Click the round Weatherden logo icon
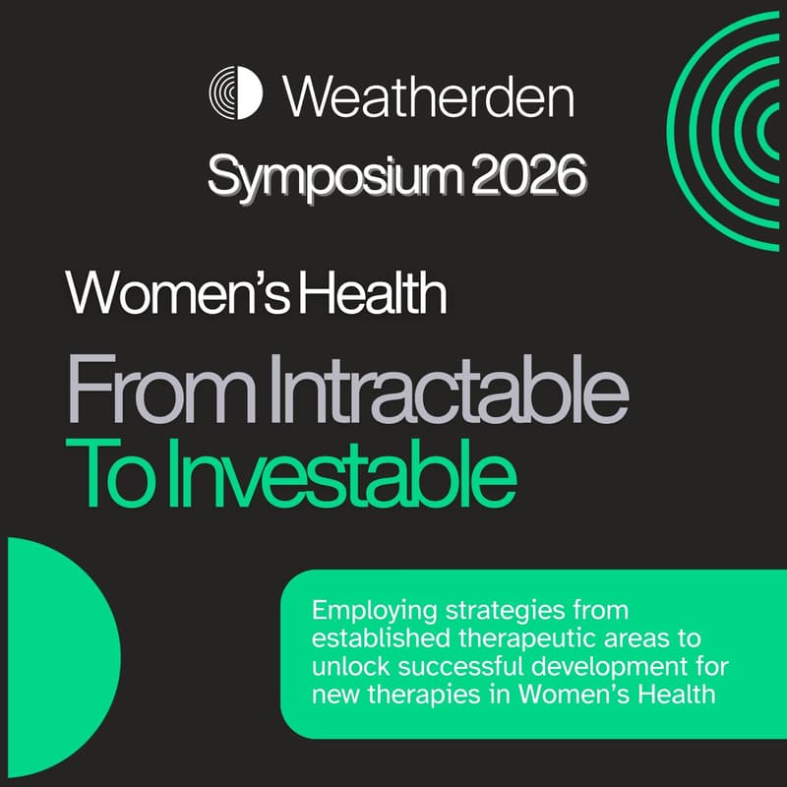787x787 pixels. pyautogui.click(x=236, y=93)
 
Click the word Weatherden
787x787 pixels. pyautogui.click(x=428, y=95)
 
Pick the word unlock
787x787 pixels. pyautogui.click(x=340, y=667)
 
